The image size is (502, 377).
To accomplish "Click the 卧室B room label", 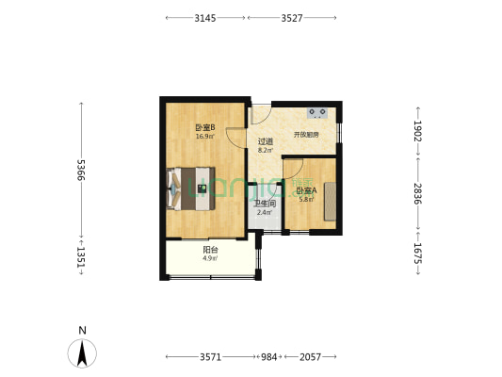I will pos(205,128).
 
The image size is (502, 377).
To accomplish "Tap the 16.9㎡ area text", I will pos(205,137).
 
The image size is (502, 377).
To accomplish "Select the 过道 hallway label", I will pos(266,141).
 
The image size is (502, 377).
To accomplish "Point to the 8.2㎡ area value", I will pos(266,150).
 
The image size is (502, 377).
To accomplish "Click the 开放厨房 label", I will pos(306,135).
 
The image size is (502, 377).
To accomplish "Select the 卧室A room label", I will pos(306,190).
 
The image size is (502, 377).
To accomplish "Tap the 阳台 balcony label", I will pos(211,250).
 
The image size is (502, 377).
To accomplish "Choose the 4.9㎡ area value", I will pos(211,258).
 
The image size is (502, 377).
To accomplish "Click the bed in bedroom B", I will pos(192,187).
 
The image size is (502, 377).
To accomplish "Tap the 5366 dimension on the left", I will pos(82,171).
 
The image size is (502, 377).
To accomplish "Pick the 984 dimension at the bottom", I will pos(269,358).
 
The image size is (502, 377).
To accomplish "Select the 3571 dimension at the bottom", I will pos(210,358).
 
